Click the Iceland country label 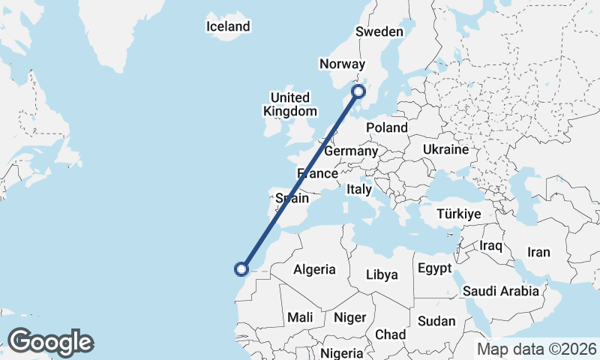coord(228,27)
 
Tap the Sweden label coord(379,31)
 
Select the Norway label coord(341,64)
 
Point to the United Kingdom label coord(290,104)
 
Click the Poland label coord(387,128)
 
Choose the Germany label coord(350,151)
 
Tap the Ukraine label coord(445,150)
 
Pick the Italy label coord(359,190)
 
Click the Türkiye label coord(458,214)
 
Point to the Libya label coord(382,274)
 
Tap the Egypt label coord(434,268)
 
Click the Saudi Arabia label coord(502,291)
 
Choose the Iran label coord(539,253)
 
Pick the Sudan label coord(436,321)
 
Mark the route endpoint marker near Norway coord(358,91)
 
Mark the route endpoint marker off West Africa coord(241,268)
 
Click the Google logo coord(50,342)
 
